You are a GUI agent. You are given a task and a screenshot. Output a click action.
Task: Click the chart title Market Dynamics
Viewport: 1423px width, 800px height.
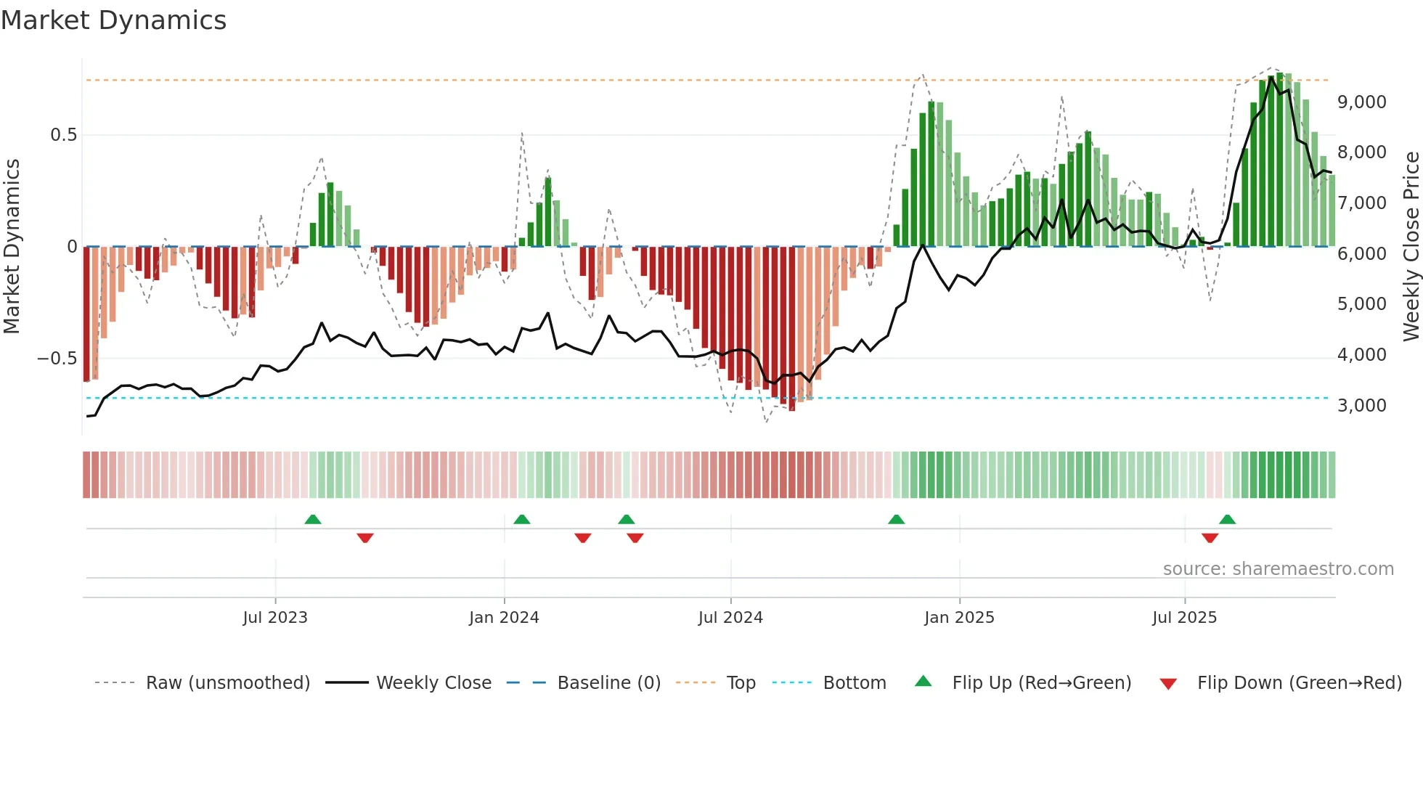[113, 20]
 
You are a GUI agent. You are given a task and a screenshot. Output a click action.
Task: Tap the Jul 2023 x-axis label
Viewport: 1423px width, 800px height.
[275, 618]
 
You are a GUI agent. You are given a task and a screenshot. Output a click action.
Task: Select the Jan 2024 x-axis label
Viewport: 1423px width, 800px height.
[504, 618]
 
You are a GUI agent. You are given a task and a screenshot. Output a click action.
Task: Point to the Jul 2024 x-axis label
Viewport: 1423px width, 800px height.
[730, 618]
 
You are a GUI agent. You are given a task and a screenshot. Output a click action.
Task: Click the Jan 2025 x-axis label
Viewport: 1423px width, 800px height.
[959, 618]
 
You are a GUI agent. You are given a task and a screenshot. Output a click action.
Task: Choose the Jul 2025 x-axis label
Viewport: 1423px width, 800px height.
[1184, 618]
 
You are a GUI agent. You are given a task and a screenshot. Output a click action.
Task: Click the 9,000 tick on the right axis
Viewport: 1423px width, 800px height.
[1362, 102]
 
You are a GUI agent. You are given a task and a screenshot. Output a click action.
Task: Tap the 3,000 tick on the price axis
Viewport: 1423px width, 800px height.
[1362, 406]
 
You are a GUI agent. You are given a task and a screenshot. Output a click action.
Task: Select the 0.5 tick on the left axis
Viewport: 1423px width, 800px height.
[63, 135]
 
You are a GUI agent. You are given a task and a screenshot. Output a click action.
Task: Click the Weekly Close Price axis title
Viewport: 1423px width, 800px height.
[1411, 246]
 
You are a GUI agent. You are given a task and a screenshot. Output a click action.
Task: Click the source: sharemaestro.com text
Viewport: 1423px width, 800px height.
[1278, 569]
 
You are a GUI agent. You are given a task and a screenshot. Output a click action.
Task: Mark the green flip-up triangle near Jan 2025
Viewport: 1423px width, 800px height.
[897, 519]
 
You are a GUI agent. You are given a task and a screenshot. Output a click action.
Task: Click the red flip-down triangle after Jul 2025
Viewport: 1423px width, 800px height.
[1210, 538]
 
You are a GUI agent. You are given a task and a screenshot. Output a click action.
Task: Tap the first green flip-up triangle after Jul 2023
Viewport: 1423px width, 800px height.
[313, 519]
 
